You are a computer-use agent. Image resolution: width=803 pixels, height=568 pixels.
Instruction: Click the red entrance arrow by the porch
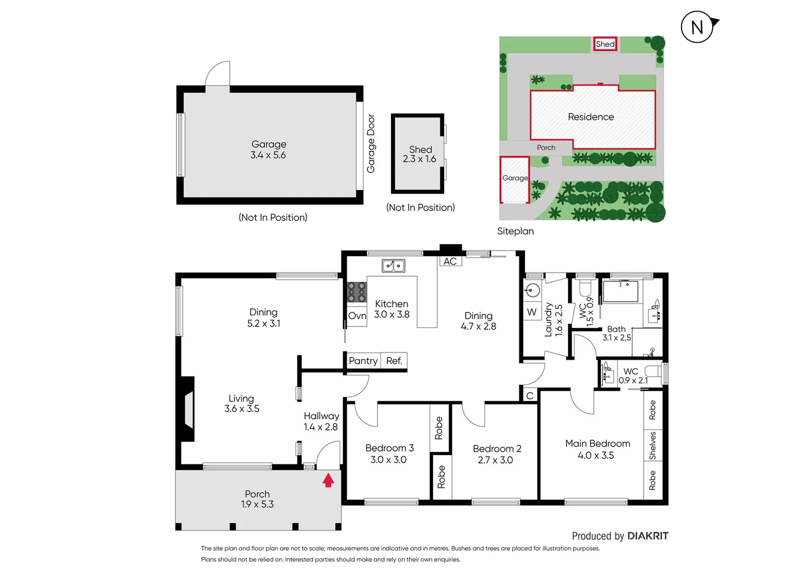tap(328, 480)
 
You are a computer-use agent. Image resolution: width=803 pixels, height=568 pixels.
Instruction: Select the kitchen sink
tap(393, 266)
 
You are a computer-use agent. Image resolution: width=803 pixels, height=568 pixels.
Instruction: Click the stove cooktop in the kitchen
tap(357, 292)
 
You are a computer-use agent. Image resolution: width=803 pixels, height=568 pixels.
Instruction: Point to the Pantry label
tap(363, 361)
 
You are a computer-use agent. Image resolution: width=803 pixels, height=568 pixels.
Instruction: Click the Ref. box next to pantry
tap(394, 361)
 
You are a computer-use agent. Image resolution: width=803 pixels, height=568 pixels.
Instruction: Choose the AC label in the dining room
tap(450, 261)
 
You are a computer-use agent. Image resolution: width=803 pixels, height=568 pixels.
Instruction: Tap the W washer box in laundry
tap(532, 312)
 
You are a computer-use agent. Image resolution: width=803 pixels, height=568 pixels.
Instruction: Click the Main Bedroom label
tap(598, 443)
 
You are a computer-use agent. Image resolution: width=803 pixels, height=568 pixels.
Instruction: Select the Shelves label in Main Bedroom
tap(653, 445)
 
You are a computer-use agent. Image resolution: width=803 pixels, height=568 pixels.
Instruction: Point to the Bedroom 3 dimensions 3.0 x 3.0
tap(388, 460)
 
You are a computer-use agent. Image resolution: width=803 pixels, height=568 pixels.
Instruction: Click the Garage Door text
tap(371, 144)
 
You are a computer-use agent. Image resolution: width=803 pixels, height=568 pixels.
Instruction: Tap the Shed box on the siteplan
tap(605, 44)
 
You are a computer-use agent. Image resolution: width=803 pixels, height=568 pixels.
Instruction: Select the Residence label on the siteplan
tap(591, 117)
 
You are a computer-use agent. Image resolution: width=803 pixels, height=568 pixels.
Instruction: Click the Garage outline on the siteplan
tap(514, 179)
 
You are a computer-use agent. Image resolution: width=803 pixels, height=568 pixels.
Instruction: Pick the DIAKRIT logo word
tap(648, 536)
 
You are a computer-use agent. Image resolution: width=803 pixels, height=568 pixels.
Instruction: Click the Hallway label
tap(321, 416)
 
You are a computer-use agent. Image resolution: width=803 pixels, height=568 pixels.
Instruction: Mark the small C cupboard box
tap(530, 395)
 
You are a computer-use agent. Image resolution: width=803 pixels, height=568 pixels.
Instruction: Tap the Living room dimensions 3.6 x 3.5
tap(242, 409)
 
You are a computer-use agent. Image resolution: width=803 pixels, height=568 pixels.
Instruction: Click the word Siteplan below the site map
tap(516, 231)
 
